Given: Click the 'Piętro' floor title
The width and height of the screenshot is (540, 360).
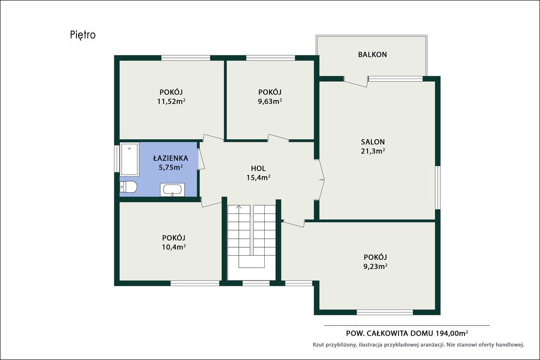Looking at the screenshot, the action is pos(83,35).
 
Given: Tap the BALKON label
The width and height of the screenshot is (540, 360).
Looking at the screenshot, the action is pos(372,54).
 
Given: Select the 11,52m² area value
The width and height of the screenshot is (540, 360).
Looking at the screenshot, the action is pos(171,101).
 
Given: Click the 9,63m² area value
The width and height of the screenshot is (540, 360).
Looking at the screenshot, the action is pos(270,101).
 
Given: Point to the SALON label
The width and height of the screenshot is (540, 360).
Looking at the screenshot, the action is pos(373,141).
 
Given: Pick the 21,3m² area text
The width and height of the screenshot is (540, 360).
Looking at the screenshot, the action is pos(373,151).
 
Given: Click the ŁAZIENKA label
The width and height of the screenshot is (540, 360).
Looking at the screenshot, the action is pos(170,158).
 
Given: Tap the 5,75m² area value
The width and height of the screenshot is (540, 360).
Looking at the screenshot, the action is pos(170,167).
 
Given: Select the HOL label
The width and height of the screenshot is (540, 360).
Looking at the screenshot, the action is pos(258,168).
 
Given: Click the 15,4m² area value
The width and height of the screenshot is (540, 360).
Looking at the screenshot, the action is pos(258,178).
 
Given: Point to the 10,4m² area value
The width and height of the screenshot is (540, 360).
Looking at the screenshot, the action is pos(174,247).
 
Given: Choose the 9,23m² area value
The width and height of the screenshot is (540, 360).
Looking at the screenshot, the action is pos(375,266).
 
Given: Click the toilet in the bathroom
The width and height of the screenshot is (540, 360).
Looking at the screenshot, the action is pos(128,187).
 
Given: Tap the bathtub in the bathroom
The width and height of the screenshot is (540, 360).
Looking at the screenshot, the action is pos(130,159).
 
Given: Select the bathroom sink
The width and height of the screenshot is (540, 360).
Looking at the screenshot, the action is pos(172,190).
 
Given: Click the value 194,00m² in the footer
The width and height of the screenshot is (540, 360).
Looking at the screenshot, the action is pos(452,333).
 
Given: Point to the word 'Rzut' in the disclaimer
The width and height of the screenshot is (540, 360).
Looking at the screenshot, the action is pos(318,345).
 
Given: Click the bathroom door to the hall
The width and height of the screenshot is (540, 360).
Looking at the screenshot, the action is pos(201,159).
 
